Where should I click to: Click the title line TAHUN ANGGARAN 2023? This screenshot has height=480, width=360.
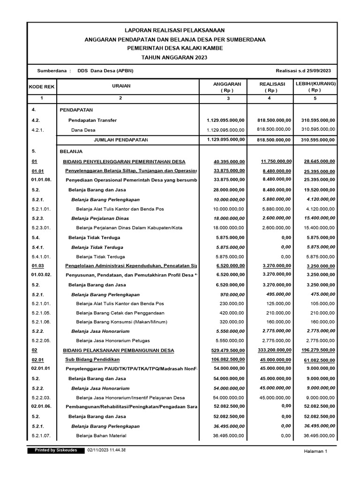[174, 57]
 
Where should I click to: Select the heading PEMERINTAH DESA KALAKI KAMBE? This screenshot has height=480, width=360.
[174, 48]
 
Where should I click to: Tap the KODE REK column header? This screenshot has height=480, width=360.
[42, 87]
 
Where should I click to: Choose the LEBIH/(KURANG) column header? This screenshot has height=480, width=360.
[315, 87]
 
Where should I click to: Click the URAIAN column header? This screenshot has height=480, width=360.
[121, 86]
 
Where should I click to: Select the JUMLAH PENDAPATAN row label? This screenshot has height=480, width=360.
[121, 140]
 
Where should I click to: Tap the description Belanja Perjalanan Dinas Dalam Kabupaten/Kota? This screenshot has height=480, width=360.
[122, 228]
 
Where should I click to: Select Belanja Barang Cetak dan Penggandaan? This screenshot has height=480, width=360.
[119, 313]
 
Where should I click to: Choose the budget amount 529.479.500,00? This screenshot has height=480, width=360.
[227, 350]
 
